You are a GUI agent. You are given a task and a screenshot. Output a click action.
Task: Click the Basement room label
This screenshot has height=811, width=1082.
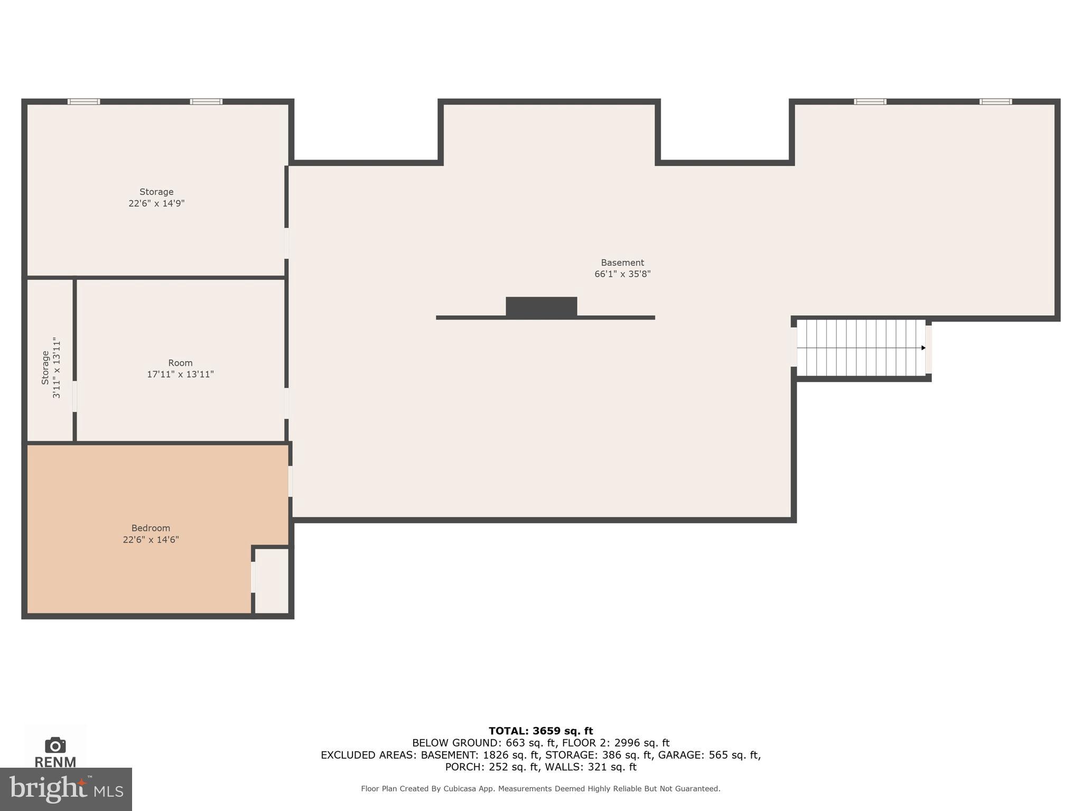coord(622,262)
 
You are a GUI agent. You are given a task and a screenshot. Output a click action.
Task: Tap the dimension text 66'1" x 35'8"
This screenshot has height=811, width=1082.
coord(622,274)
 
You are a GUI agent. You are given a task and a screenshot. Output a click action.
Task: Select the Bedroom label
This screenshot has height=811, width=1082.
coord(151,528)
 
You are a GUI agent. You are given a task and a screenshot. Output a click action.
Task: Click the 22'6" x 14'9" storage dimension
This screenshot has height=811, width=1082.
coord(156,203)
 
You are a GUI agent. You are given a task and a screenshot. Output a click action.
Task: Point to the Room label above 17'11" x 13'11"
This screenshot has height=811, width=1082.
coord(180,363)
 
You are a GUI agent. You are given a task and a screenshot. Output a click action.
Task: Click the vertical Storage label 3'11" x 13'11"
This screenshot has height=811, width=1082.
coord(51,367)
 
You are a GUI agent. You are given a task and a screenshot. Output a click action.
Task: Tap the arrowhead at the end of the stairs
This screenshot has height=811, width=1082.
coord(923,347)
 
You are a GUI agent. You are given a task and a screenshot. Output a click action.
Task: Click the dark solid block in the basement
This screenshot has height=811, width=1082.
coord(541,307)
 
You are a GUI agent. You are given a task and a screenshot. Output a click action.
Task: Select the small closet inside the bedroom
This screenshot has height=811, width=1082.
coord(272,580)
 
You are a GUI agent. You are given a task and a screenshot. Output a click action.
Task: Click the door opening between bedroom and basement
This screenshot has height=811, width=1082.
coord(290,481)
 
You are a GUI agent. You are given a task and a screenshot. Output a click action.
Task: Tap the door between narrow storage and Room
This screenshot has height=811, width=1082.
coord(74,397)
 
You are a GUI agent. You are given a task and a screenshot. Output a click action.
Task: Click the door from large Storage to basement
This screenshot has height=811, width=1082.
coord(286,243)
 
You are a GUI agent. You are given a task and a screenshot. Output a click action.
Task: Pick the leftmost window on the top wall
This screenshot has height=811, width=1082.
coord(83,101)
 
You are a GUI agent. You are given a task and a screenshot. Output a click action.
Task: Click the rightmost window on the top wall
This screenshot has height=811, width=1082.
coord(995,101)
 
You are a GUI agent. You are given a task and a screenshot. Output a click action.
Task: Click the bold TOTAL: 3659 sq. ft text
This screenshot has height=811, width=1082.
coord(540,731)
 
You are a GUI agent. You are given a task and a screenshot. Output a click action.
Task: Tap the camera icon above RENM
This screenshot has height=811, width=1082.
coord(55,745)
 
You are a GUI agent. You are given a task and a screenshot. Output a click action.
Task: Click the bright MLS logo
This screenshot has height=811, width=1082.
coord(66,789)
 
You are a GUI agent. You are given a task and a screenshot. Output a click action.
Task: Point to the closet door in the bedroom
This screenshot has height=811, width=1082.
coord(253,577)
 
